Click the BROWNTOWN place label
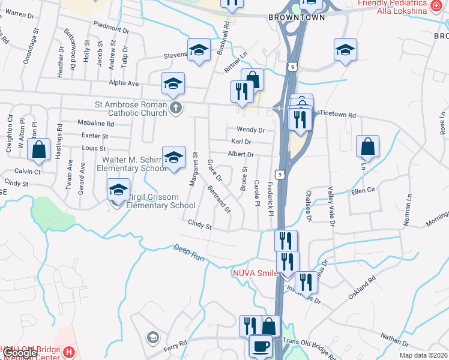coord(297,17)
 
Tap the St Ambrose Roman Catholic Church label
coord(131,108)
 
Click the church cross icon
coord(176,108)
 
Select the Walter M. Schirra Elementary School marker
coord(173,158)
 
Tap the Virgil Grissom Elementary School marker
coord(119,190)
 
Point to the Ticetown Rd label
coord(337,114)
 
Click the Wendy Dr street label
coord(250,129)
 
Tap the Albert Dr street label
coord(241,154)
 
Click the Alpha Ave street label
coord(124,83)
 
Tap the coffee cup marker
coord(261,347)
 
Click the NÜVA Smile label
coord(255,273)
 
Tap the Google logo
coord(19,353)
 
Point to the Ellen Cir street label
coord(363,190)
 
